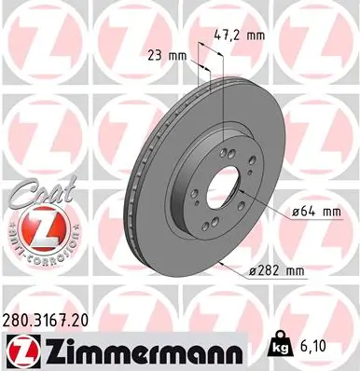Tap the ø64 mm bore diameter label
click(x=312, y=212)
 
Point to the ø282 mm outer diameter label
click(x=277, y=270)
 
